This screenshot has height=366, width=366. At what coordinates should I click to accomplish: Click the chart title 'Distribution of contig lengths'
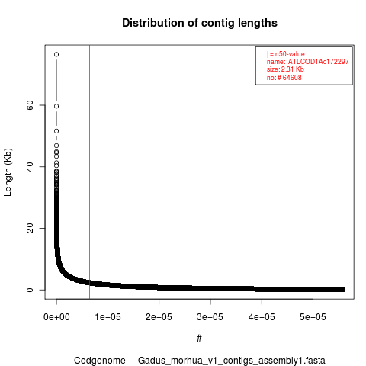200,23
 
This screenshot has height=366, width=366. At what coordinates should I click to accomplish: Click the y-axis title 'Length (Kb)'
8,172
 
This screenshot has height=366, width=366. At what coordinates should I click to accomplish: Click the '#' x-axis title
199,339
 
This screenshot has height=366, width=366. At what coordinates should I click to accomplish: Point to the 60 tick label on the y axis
30,105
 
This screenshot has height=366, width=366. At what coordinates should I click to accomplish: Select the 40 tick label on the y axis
30,167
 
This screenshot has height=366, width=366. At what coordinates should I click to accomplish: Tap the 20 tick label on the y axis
30,228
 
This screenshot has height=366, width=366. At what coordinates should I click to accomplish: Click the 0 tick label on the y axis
30,290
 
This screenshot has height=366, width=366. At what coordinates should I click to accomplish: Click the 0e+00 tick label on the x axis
56,317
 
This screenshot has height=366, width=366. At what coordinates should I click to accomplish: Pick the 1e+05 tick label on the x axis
108,317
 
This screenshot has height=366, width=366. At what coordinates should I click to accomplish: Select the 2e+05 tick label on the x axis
159,317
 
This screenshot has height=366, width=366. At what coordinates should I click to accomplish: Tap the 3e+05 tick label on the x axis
210,317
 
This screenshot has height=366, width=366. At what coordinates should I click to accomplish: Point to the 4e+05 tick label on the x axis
262,317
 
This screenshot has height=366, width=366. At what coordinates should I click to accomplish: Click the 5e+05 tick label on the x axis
313,317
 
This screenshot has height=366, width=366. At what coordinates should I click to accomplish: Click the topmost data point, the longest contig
56,54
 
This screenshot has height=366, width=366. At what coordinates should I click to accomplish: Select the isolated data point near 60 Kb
56,106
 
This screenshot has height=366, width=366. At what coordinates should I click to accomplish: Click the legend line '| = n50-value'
285,54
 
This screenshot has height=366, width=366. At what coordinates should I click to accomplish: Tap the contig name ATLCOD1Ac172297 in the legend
318,62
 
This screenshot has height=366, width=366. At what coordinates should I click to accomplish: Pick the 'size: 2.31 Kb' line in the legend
285,69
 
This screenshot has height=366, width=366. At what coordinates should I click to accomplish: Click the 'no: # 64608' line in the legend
284,77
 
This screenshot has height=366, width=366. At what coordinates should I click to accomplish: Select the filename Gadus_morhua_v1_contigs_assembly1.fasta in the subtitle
232,361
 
